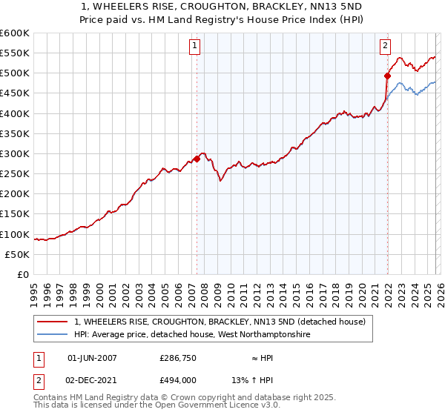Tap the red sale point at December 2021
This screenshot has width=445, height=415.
coord(387,76)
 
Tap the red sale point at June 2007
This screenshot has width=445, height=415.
coord(197,159)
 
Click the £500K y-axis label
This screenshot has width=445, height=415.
coord(15,73)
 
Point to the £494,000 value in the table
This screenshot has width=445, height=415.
coord(179,379)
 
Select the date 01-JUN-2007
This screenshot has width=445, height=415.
coord(92,358)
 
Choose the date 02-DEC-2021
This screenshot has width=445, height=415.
coord(92,379)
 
